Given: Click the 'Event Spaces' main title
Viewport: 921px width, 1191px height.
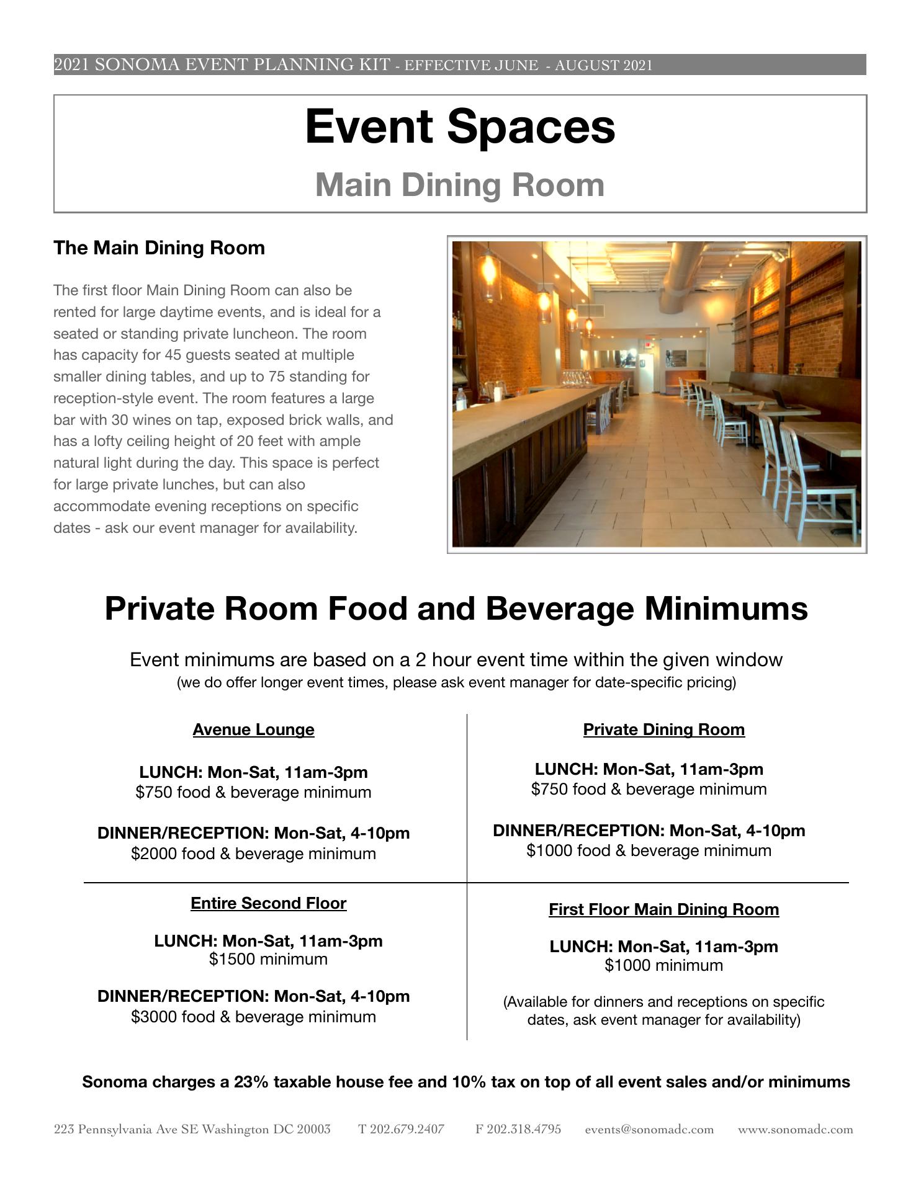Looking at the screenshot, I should click(460, 127).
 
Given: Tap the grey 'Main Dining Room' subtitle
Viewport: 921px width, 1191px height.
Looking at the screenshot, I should click(460, 185).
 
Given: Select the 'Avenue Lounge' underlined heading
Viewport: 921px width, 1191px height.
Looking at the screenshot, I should click(253, 729).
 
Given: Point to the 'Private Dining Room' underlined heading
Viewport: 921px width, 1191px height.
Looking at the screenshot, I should click(663, 729).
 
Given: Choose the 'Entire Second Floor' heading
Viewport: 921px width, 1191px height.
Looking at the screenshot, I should click(268, 903).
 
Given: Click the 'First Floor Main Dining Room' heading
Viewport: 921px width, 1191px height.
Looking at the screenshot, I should click(663, 909).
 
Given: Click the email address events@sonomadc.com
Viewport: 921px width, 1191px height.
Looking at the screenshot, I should click(649, 1130).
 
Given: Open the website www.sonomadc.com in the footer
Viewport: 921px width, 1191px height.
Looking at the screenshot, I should click(795, 1130).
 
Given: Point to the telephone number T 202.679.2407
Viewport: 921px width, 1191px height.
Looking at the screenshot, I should click(401, 1130).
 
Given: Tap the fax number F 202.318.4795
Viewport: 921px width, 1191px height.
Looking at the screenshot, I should click(518, 1130).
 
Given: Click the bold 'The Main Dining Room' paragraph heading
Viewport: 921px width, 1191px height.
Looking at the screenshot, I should click(159, 248).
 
